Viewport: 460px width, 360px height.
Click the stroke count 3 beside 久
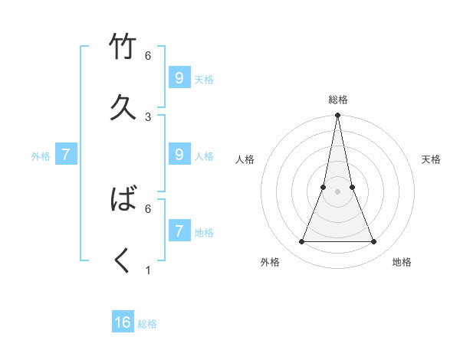(x=148, y=116)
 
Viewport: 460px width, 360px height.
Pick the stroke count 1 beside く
(x=148, y=270)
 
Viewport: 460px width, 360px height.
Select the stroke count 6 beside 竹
(x=148, y=56)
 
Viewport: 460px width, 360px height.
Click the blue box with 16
(x=123, y=322)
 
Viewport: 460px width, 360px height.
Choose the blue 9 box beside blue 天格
(x=179, y=77)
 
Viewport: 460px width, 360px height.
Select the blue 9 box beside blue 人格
(x=179, y=154)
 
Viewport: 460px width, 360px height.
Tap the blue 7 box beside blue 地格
(x=179, y=231)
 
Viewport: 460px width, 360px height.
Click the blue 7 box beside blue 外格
(x=66, y=155)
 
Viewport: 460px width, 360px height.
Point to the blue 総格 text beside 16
(x=147, y=324)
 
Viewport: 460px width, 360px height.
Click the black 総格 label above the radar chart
(x=338, y=100)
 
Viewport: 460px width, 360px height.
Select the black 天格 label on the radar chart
(x=432, y=159)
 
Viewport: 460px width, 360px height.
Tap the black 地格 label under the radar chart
(x=402, y=263)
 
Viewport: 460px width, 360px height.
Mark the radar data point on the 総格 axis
(x=337, y=116)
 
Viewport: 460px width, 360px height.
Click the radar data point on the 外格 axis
(x=301, y=242)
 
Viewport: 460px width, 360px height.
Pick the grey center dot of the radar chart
(x=337, y=192)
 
